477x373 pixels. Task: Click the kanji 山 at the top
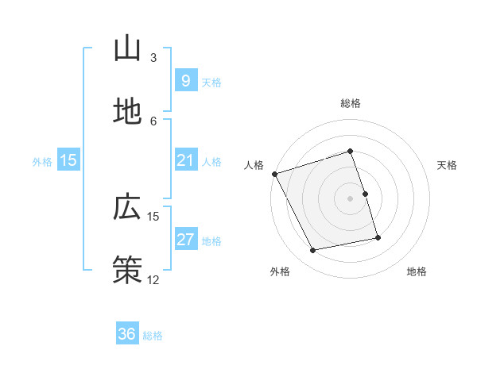127,48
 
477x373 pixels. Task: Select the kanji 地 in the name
127,112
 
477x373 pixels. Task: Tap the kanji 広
127,207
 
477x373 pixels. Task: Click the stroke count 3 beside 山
153,57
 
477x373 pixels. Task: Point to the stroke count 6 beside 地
153,121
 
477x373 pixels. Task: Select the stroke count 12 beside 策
153,279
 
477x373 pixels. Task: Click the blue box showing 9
185,81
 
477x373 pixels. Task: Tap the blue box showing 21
185,160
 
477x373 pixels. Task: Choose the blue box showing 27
185,240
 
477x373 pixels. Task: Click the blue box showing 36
127,334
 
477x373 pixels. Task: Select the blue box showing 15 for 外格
68,160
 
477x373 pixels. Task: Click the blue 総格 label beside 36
153,336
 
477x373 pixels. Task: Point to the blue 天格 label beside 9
211,83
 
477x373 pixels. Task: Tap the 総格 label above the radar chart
351,103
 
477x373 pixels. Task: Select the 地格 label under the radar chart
417,272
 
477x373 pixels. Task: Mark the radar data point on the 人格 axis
274,174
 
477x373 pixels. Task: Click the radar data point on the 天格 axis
365,194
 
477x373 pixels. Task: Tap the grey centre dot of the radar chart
351,198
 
